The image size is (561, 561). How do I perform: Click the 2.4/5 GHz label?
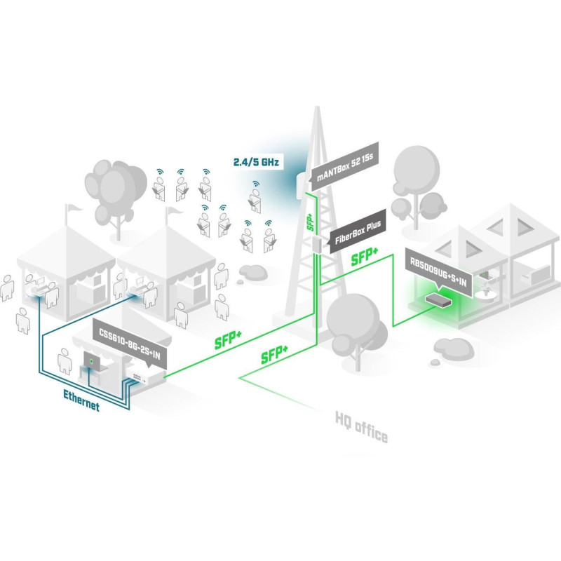click(257, 163)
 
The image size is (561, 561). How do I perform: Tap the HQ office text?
click(361, 428)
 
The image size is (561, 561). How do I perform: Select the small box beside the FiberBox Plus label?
click(317, 243)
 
